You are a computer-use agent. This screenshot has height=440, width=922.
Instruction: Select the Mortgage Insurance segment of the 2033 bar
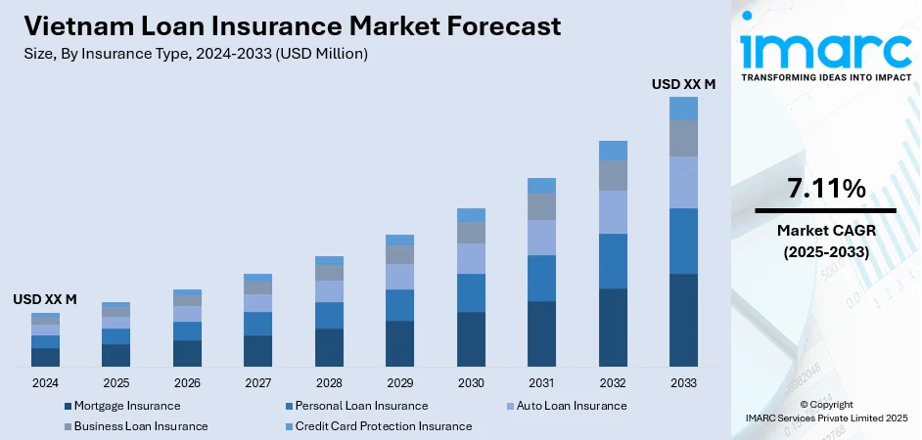pyautogui.click(x=683, y=320)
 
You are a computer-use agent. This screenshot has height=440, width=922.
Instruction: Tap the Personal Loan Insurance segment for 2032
pyautogui.click(x=613, y=261)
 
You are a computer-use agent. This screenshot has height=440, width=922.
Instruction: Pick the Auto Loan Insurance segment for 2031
pyautogui.click(x=541, y=238)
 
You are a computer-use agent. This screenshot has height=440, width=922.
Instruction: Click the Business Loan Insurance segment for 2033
pyautogui.click(x=683, y=138)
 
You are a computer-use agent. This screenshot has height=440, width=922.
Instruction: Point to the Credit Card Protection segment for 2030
pyautogui.click(x=471, y=215)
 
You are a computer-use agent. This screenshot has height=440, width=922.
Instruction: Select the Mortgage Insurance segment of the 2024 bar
pyautogui.click(x=45, y=357)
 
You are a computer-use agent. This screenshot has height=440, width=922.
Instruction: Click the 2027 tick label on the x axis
pyautogui.click(x=257, y=382)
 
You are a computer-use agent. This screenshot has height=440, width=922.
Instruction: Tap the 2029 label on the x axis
pyautogui.click(x=399, y=382)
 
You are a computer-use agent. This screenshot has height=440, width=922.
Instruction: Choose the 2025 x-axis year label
pyautogui.click(x=115, y=382)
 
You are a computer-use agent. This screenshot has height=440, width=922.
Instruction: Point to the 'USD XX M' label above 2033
pyautogui.click(x=683, y=85)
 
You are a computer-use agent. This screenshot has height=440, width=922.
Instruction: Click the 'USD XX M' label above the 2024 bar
pyautogui.click(x=45, y=299)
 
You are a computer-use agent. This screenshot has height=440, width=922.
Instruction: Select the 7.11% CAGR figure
pyautogui.click(x=825, y=189)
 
